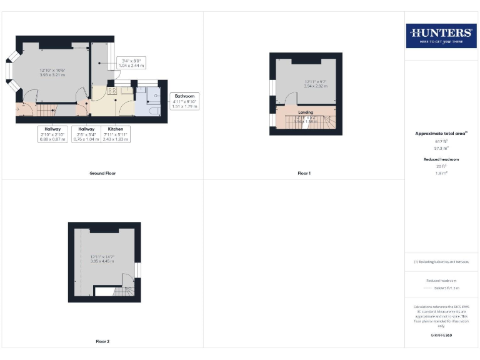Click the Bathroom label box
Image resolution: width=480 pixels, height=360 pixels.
184,101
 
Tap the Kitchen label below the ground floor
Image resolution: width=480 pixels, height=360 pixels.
115,134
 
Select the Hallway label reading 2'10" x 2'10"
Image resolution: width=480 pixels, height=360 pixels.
52,134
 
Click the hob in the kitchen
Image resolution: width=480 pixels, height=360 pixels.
112,91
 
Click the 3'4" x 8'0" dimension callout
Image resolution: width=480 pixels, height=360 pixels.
132,62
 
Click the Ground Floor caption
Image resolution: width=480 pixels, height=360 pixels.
102,173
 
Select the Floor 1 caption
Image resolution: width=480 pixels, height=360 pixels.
304,173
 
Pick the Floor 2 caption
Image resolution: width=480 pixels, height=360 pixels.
102,342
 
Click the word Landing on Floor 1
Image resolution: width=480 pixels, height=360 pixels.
306,112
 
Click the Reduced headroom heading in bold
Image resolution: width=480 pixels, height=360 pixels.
441,159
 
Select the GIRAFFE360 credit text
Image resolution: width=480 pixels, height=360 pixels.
441,336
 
